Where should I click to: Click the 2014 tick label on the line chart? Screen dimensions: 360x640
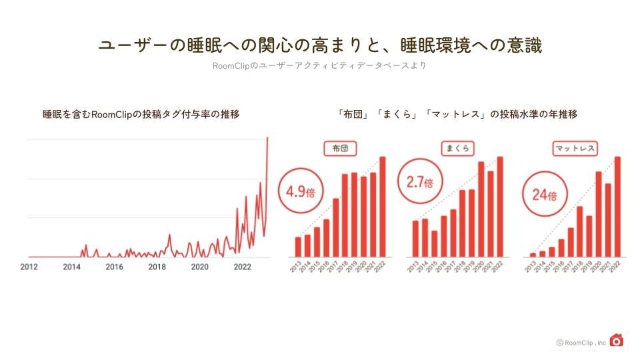tap(71, 267)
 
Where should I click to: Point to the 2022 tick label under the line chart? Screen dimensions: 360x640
tap(242, 267)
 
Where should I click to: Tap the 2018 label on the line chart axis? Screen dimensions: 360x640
tap(157, 267)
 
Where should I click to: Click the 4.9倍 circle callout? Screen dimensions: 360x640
tap(300, 191)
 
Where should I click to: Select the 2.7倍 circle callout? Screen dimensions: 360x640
tap(419, 181)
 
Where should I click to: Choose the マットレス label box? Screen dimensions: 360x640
tap(575, 149)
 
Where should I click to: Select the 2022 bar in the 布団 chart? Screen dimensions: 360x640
tap(383, 207)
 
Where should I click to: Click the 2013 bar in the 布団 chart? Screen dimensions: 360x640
tap(298, 247)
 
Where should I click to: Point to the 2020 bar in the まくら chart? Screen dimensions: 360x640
tap(481, 209)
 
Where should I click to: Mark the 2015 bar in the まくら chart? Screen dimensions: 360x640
tap(434, 243)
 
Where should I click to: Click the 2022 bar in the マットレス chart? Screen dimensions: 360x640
tap(617, 207)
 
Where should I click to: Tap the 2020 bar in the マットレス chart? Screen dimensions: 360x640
tap(599, 214)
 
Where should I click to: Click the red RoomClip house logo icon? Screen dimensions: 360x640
tap(617, 340)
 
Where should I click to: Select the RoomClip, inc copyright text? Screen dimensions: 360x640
tap(581, 343)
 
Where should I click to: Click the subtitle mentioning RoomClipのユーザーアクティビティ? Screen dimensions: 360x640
tap(319, 66)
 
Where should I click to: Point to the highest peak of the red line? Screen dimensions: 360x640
tap(267, 138)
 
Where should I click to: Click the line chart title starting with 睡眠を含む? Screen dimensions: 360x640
tap(141, 115)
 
